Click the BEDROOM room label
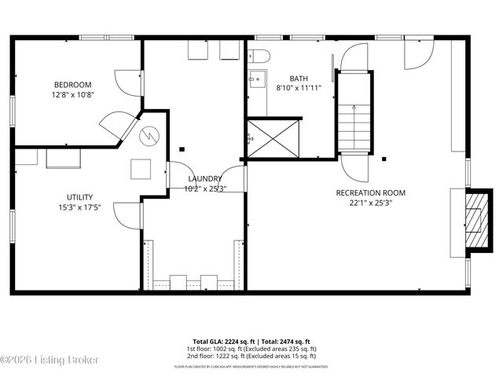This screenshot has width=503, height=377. point(72,85)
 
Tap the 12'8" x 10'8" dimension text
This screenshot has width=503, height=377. point(72,95)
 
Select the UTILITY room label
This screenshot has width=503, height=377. point(80,197)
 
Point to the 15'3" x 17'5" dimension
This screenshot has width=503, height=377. point(80,207)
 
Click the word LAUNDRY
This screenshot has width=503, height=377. point(204,179)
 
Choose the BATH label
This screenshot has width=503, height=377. point(299,79)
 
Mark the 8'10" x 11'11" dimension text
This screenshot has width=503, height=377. point(299,89)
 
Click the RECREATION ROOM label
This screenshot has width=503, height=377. point(370,192)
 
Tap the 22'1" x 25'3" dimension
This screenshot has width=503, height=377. point(370,203)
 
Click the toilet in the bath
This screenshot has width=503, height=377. point(259,57)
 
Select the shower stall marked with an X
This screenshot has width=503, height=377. point(274,139)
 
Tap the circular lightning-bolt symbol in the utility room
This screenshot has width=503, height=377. point(148,135)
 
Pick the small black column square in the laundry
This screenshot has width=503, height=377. point(182,148)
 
